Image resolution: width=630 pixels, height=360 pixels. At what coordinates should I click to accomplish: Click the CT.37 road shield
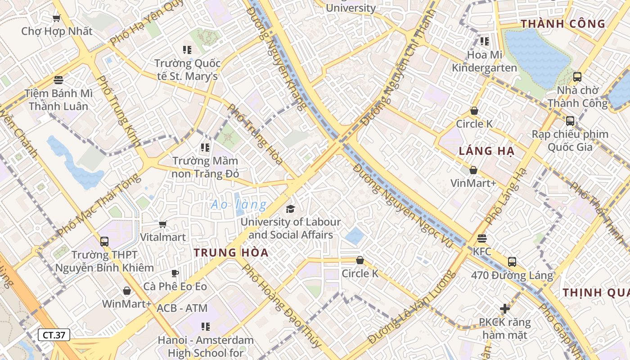click(x=54, y=335)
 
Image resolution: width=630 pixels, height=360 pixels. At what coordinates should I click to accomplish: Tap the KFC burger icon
click(x=482, y=238)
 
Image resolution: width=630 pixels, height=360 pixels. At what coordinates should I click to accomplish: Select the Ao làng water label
click(x=238, y=205)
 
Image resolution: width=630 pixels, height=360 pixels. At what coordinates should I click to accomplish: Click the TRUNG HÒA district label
click(x=231, y=252)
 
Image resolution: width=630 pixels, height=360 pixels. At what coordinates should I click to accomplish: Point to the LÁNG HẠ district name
click(x=486, y=151)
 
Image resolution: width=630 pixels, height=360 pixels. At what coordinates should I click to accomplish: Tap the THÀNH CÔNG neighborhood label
click(x=563, y=24)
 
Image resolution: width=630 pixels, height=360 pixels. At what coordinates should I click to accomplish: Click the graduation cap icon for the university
click(x=291, y=209)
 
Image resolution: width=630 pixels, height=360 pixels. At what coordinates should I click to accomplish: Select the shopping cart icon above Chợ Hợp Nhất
click(x=56, y=18)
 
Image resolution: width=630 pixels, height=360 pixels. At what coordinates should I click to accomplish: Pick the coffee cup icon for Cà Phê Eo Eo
click(x=175, y=273)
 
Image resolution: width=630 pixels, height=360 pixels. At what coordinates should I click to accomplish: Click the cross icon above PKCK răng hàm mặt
click(x=505, y=309)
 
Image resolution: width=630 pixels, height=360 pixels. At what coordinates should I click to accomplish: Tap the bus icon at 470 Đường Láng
click(x=512, y=261)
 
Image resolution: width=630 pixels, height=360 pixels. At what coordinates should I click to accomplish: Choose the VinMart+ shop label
click(x=473, y=183)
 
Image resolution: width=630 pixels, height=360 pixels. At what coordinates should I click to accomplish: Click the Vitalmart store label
click(x=163, y=237)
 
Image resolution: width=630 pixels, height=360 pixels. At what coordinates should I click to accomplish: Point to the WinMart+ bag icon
click(x=127, y=291)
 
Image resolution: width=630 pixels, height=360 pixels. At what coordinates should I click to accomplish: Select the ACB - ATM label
click(x=182, y=308)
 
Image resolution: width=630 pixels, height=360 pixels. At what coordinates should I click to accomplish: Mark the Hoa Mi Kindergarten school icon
click(x=484, y=42)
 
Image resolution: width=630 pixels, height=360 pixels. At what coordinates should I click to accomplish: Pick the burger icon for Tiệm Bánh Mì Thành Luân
click(x=58, y=80)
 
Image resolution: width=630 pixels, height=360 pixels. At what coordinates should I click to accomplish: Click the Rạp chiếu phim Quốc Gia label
click(x=570, y=140)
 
